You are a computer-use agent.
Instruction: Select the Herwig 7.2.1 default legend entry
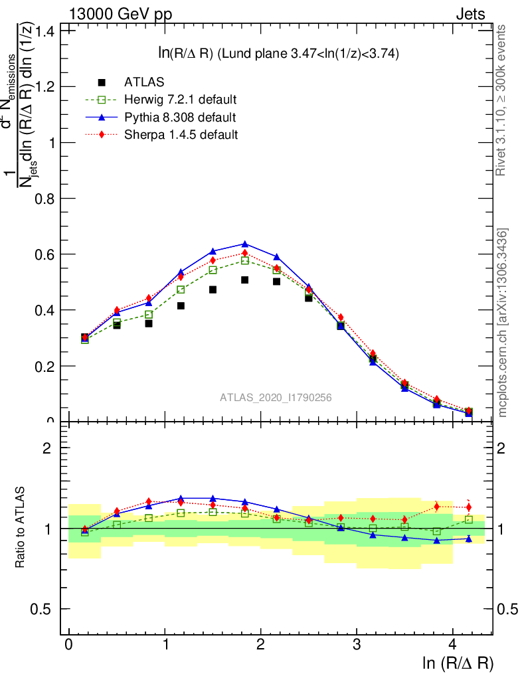[180, 100]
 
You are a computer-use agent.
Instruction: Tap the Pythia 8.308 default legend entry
[179, 118]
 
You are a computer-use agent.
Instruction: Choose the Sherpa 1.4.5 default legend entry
[181, 135]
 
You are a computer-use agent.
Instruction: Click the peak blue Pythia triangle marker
[244, 244]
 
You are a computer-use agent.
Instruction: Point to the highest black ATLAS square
[244, 280]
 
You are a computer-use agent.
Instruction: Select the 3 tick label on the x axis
[357, 645]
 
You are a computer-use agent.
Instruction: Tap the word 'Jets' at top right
[470, 14]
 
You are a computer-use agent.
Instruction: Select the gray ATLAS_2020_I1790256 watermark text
[276, 397]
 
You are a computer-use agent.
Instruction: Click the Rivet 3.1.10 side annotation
[502, 100]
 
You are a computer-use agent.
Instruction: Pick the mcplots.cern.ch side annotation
[502, 323]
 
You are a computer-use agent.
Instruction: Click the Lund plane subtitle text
[273, 54]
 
